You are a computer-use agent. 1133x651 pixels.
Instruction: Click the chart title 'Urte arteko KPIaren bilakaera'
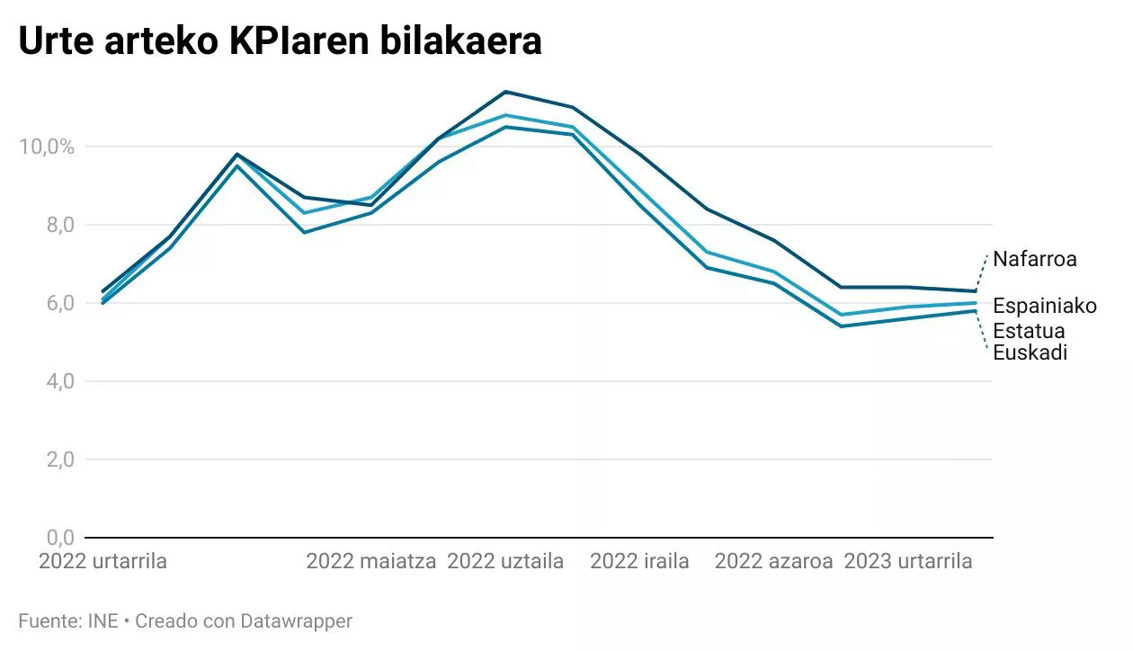(280, 41)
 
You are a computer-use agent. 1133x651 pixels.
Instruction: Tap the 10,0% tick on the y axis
(47, 147)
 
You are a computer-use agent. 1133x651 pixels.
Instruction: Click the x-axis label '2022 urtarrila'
(103, 562)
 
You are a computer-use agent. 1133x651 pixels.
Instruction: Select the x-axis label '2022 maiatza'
(370, 562)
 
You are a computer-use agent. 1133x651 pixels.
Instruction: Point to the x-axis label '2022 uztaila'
(505, 562)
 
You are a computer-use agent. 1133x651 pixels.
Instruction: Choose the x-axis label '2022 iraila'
(639, 562)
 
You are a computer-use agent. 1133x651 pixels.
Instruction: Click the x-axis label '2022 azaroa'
(773, 562)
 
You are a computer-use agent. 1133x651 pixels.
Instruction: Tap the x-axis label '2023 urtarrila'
(908, 562)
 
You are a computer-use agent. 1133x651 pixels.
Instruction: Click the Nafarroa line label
(1034, 260)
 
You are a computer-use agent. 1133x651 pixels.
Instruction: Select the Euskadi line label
(1030, 352)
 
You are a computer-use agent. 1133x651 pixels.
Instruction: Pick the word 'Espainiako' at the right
(1045, 307)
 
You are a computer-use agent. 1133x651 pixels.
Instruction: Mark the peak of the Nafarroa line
(505, 92)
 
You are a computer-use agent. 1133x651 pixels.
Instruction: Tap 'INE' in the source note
(103, 620)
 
